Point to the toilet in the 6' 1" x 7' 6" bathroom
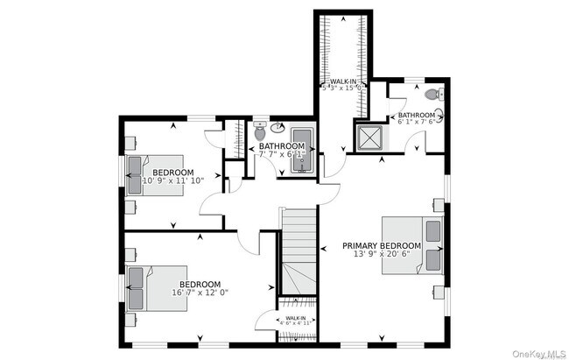click(x=432, y=95)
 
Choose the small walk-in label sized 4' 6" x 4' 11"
click(x=296, y=321)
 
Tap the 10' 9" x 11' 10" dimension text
click(x=173, y=181)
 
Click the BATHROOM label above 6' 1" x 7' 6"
click(x=417, y=115)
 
